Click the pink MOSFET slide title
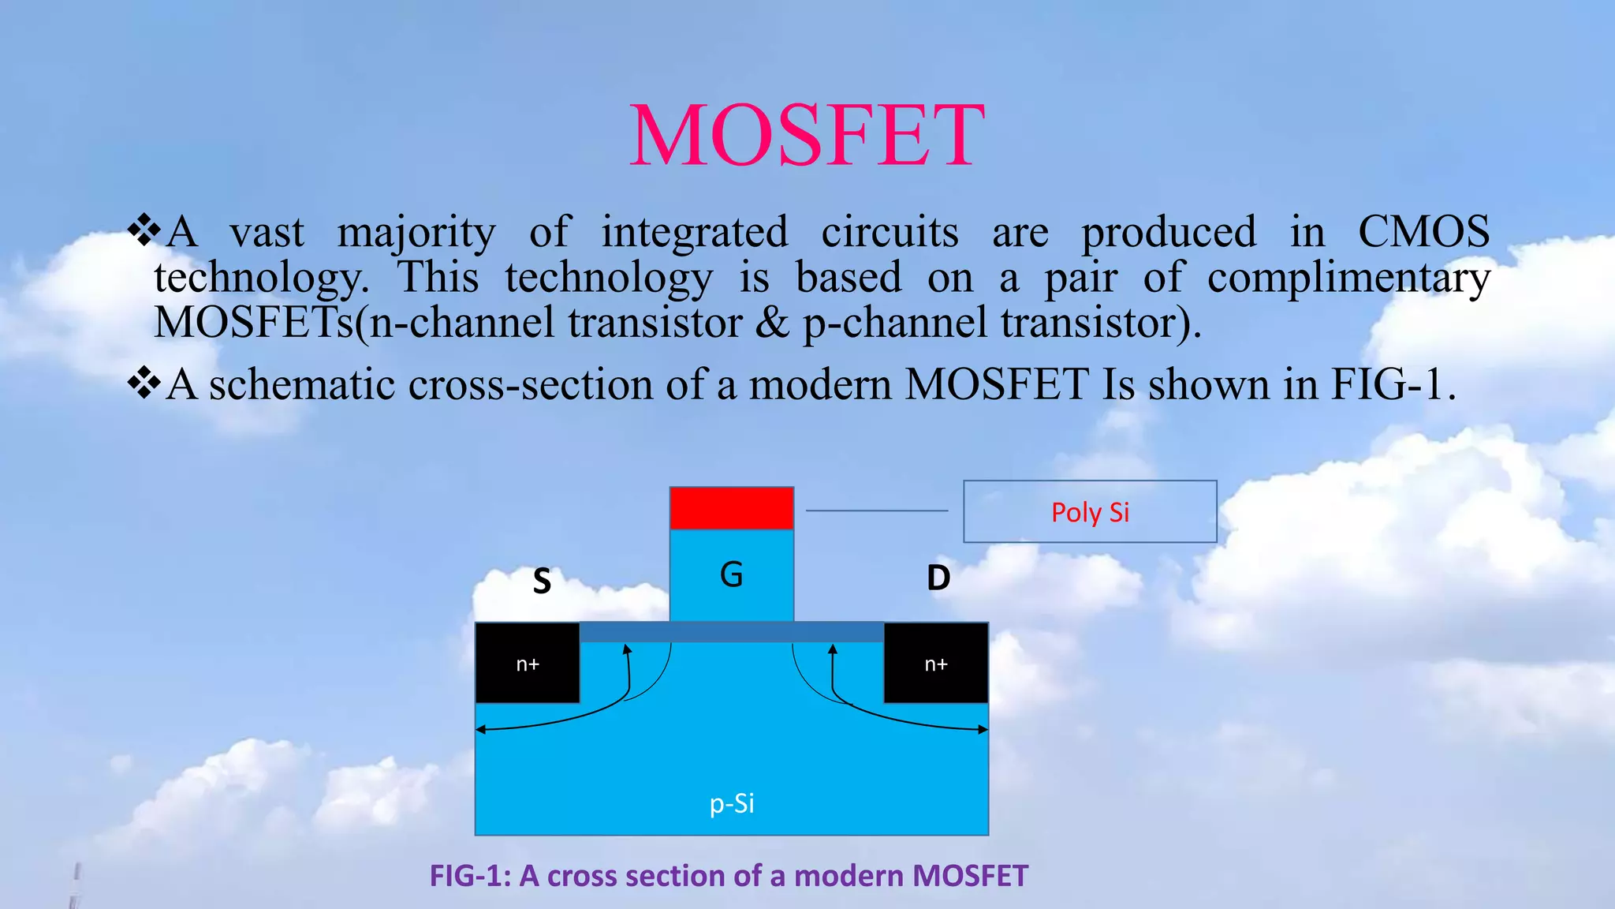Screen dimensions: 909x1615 coord(807,136)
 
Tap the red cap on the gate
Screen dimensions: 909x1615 coord(731,507)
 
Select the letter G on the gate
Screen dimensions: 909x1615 coord(731,574)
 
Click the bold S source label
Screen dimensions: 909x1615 coord(542,582)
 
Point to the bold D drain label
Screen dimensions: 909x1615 coord(938,578)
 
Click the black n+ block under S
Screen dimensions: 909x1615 coord(527,664)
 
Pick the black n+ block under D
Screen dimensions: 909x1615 coord(935,664)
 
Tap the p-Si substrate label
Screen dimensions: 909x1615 coord(732,803)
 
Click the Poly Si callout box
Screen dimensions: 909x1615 coord(1090,512)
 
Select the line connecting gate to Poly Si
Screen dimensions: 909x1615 coord(877,511)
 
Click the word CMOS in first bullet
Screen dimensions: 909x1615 coord(1423,232)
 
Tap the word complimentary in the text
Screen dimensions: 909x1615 coord(1348,278)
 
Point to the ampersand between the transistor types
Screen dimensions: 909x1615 coord(772,324)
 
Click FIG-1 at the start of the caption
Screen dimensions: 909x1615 coord(469,876)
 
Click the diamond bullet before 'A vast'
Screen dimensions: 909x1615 coord(144,230)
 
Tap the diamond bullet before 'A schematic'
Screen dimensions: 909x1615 coord(144,383)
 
